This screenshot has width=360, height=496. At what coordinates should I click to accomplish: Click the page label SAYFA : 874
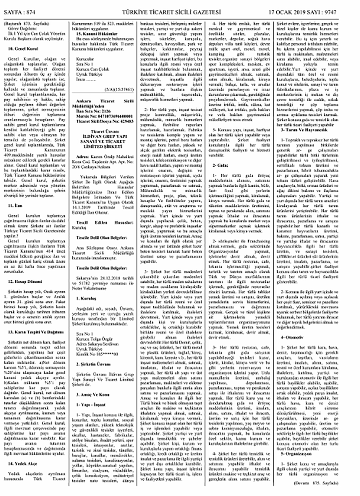[x=19, y=12]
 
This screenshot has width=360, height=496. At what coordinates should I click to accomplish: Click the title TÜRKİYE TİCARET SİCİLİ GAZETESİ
[x=171, y=12]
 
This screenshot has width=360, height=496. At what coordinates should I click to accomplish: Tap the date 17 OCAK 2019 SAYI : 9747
[x=302, y=12]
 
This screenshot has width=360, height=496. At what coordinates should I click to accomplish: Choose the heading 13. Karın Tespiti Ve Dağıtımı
[x=36, y=332]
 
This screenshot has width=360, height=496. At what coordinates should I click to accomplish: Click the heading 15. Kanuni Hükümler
[x=97, y=34]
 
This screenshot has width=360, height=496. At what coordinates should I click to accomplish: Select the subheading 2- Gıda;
[x=220, y=165]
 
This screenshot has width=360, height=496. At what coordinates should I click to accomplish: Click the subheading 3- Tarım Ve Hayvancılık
[x=304, y=130]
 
